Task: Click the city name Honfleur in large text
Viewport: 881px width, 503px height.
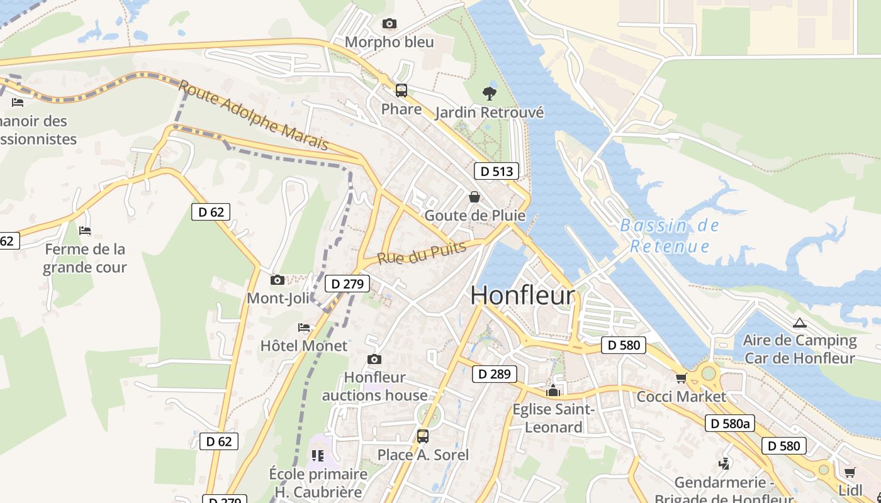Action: [x=523, y=296]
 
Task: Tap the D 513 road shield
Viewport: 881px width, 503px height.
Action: [x=497, y=171]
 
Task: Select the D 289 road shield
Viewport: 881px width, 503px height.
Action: [x=494, y=374]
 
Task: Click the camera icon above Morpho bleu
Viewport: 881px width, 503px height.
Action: [x=390, y=24]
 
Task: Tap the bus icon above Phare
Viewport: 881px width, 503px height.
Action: [x=401, y=91]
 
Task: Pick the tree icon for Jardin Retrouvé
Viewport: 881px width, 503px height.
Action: [x=489, y=94]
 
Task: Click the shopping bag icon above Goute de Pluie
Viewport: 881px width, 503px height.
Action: [x=474, y=197]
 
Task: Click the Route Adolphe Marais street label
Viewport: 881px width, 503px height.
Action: [x=254, y=114]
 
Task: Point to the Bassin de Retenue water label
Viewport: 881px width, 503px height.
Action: [x=670, y=236]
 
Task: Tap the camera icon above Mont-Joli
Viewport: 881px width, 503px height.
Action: [x=277, y=280]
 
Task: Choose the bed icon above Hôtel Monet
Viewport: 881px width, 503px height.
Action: [x=304, y=328]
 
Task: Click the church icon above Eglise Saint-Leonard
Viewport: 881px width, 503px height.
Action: [x=553, y=391]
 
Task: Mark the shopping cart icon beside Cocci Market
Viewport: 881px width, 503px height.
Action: [x=681, y=379]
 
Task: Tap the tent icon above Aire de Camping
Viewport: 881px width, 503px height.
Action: [x=799, y=323]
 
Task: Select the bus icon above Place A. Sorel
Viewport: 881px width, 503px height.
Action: [x=423, y=436]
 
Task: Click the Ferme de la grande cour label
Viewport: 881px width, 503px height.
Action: [x=85, y=258]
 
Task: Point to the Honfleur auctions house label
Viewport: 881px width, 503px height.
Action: [x=374, y=386]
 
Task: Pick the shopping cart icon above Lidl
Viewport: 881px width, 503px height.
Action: [x=850, y=472]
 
